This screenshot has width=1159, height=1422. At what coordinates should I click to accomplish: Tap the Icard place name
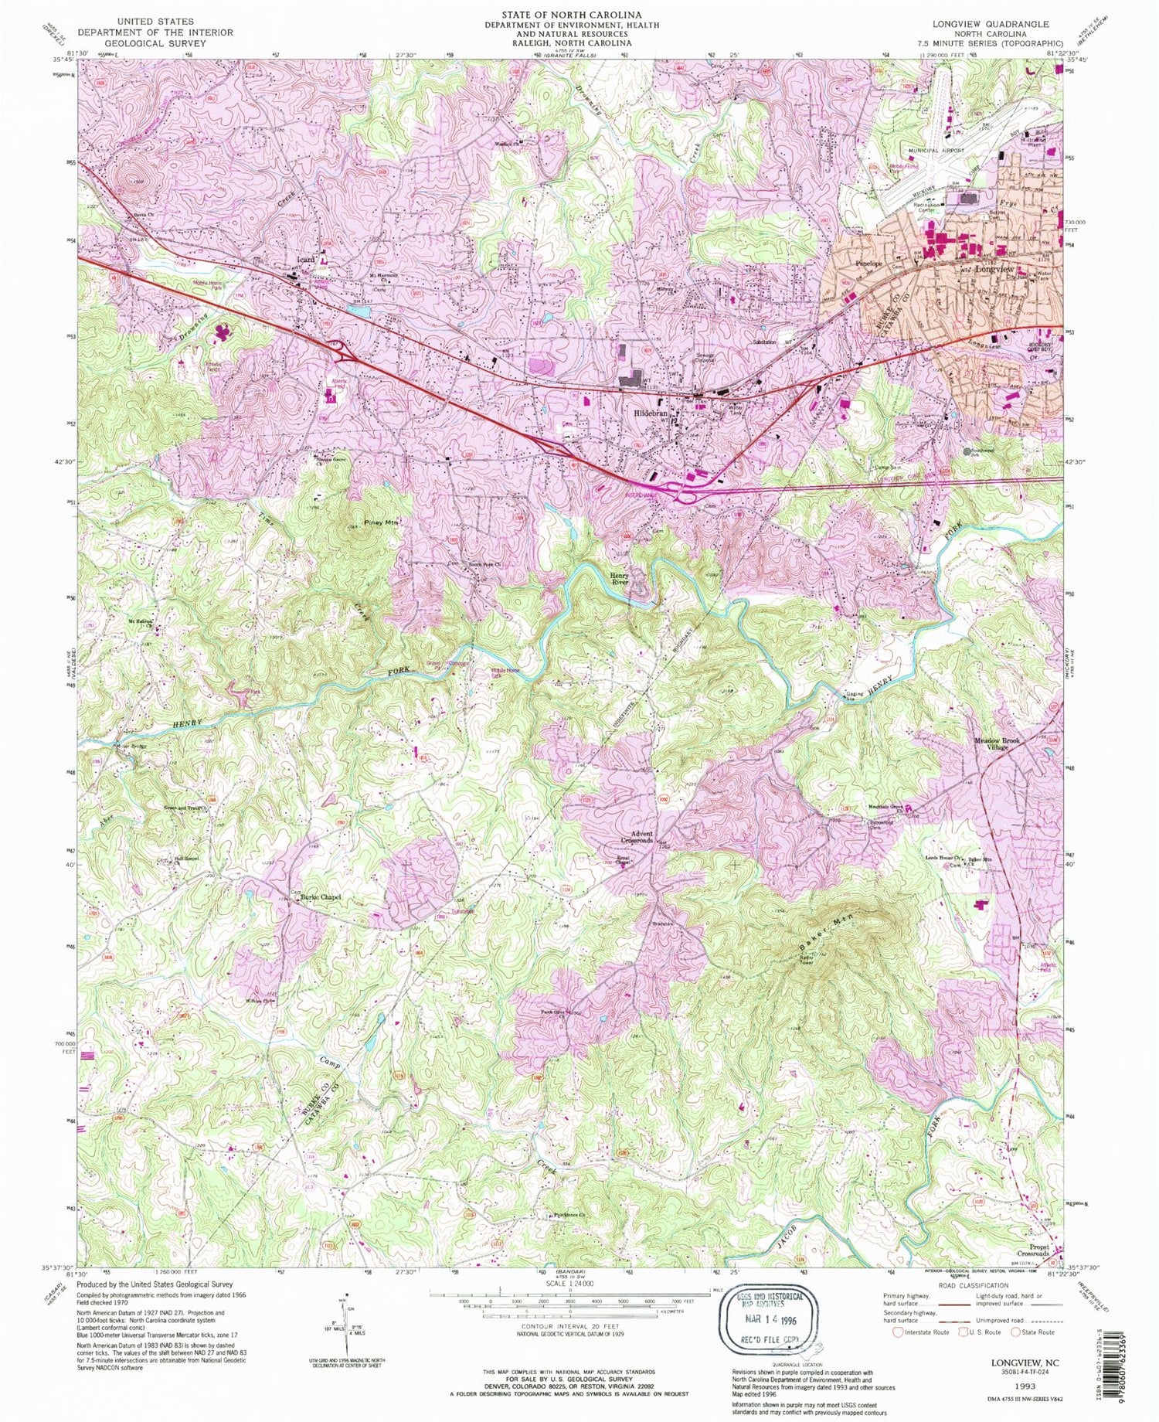click(x=305, y=260)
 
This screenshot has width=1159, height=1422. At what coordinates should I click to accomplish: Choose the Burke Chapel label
click(x=321, y=897)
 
